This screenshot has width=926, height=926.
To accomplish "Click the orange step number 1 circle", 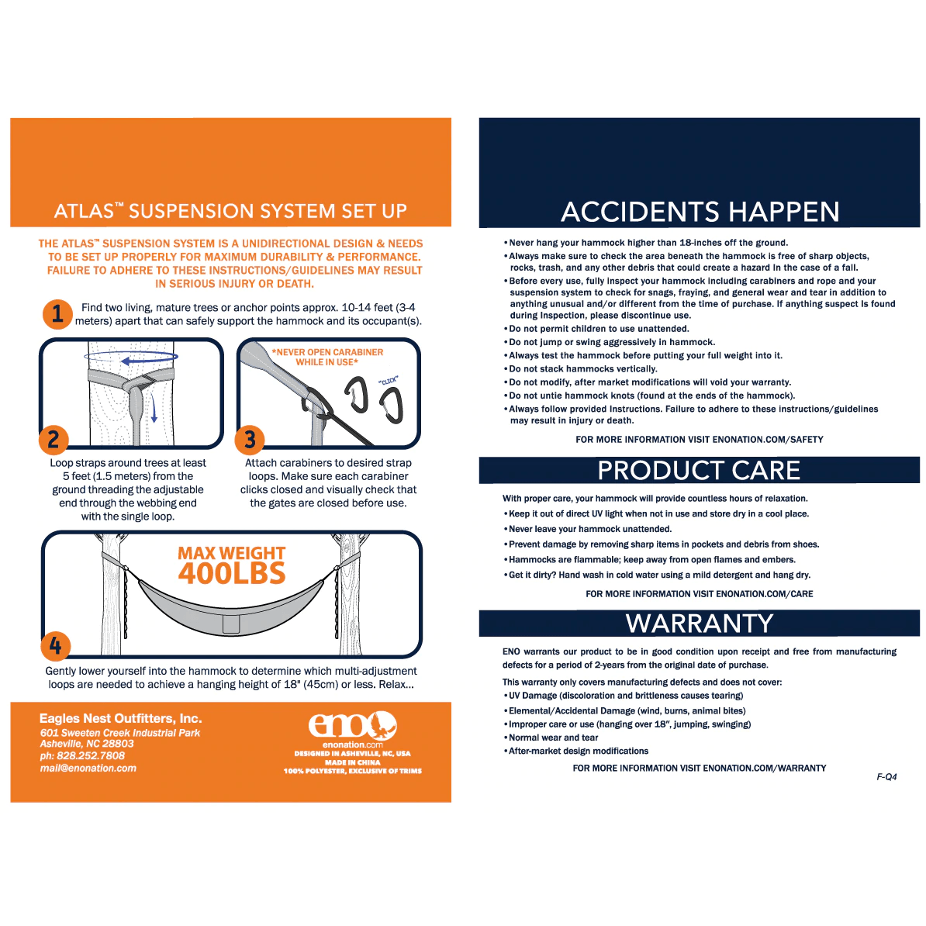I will [x=57, y=314].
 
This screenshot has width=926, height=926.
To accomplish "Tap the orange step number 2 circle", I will [x=54, y=440].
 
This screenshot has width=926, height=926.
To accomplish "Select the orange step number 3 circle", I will [x=250, y=440].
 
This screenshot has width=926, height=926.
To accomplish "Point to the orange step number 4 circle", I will [x=55, y=645].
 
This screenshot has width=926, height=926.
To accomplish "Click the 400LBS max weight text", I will [x=232, y=573].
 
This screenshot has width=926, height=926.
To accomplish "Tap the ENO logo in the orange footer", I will [x=353, y=726].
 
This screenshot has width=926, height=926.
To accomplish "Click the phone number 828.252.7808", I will [x=82, y=755].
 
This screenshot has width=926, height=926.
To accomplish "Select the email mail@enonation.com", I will [x=88, y=768].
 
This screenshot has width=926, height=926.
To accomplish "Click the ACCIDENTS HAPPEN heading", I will [x=700, y=212].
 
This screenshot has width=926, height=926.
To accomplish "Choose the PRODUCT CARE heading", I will [x=699, y=471].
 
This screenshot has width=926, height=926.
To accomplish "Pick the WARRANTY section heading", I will [x=700, y=624].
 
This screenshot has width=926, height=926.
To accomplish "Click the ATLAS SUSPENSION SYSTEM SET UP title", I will [x=230, y=211].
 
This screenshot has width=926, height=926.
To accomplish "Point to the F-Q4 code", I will [x=886, y=776].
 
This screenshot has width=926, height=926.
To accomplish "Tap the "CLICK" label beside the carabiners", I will [x=389, y=381].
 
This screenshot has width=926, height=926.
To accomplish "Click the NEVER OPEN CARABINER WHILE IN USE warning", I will [x=327, y=357].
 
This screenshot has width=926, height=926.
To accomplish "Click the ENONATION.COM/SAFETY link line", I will [x=699, y=439].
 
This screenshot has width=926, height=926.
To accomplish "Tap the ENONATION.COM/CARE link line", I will [x=699, y=594].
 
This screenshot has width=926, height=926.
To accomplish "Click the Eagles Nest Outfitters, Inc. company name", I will [x=120, y=718].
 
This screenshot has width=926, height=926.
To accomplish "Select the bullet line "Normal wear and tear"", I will [x=553, y=738].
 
